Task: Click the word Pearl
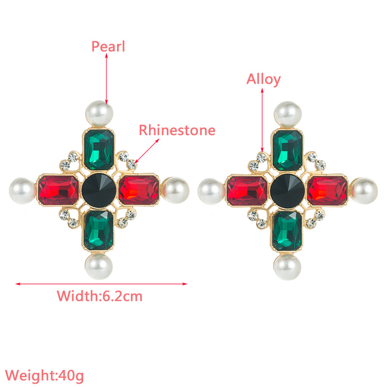(x=108, y=46)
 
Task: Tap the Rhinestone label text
(x=177, y=130)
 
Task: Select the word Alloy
(x=263, y=79)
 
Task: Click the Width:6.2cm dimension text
(x=100, y=296)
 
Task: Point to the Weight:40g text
(x=45, y=376)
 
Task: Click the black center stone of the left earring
(x=99, y=190)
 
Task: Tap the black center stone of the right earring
(x=287, y=191)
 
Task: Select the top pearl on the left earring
(x=100, y=114)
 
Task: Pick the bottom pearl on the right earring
(x=287, y=267)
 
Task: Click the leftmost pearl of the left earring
(x=22, y=191)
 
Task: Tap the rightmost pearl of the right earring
(x=364, y=191)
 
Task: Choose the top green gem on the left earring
(x=99, y=150)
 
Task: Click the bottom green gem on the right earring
(x=287, y=231)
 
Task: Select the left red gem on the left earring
(x=58, y=190)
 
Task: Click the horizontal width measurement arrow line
(x=101, y=284)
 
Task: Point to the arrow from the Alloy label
(x=262, y=120)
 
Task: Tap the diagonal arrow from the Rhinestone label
(x=147, y=151)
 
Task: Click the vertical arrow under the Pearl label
(x=106, y=79)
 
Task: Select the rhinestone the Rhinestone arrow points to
(x=132, y=164)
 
